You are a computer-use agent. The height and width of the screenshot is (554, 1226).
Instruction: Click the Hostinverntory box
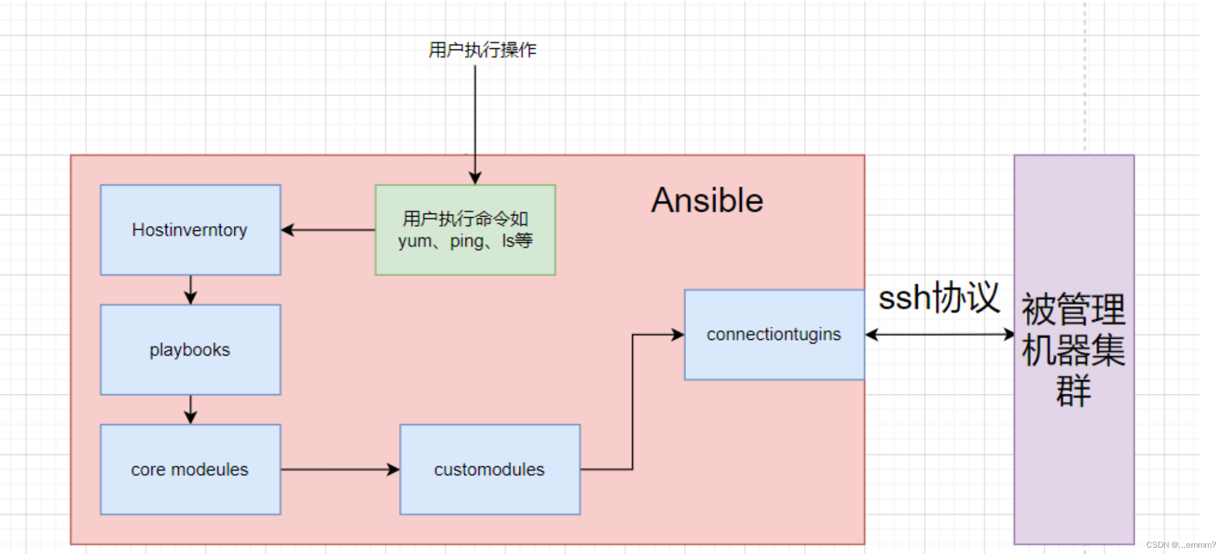[190, 230]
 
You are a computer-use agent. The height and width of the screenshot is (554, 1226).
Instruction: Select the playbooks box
[190, 349]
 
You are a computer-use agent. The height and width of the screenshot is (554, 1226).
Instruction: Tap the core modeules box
[190, 469]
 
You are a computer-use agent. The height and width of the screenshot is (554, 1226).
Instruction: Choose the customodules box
[489, 469]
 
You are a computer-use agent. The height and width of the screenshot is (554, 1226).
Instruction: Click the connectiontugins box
[774, 334]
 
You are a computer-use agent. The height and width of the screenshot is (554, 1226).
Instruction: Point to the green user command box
[465, 230]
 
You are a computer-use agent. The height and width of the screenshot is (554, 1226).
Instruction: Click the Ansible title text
[707, 201]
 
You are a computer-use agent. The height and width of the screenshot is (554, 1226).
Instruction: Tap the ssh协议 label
[938, 297]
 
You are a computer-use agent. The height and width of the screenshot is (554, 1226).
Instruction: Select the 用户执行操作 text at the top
[482, 50]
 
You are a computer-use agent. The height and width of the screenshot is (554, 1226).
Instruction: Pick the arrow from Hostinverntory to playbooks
[191, 289]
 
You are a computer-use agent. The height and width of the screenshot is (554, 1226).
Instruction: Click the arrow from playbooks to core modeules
[191, 409]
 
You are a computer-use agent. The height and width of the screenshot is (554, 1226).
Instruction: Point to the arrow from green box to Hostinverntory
[328, 230]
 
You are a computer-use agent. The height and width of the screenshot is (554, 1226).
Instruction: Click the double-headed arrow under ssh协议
[939, 334]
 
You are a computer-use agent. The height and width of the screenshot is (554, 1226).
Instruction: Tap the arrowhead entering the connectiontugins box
[677, 334]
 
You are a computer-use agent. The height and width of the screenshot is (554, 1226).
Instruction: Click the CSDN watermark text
[1180, 545]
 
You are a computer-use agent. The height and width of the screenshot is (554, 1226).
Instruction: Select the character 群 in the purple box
[1073, 391]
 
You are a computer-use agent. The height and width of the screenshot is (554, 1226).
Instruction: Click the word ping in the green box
[466, 242]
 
